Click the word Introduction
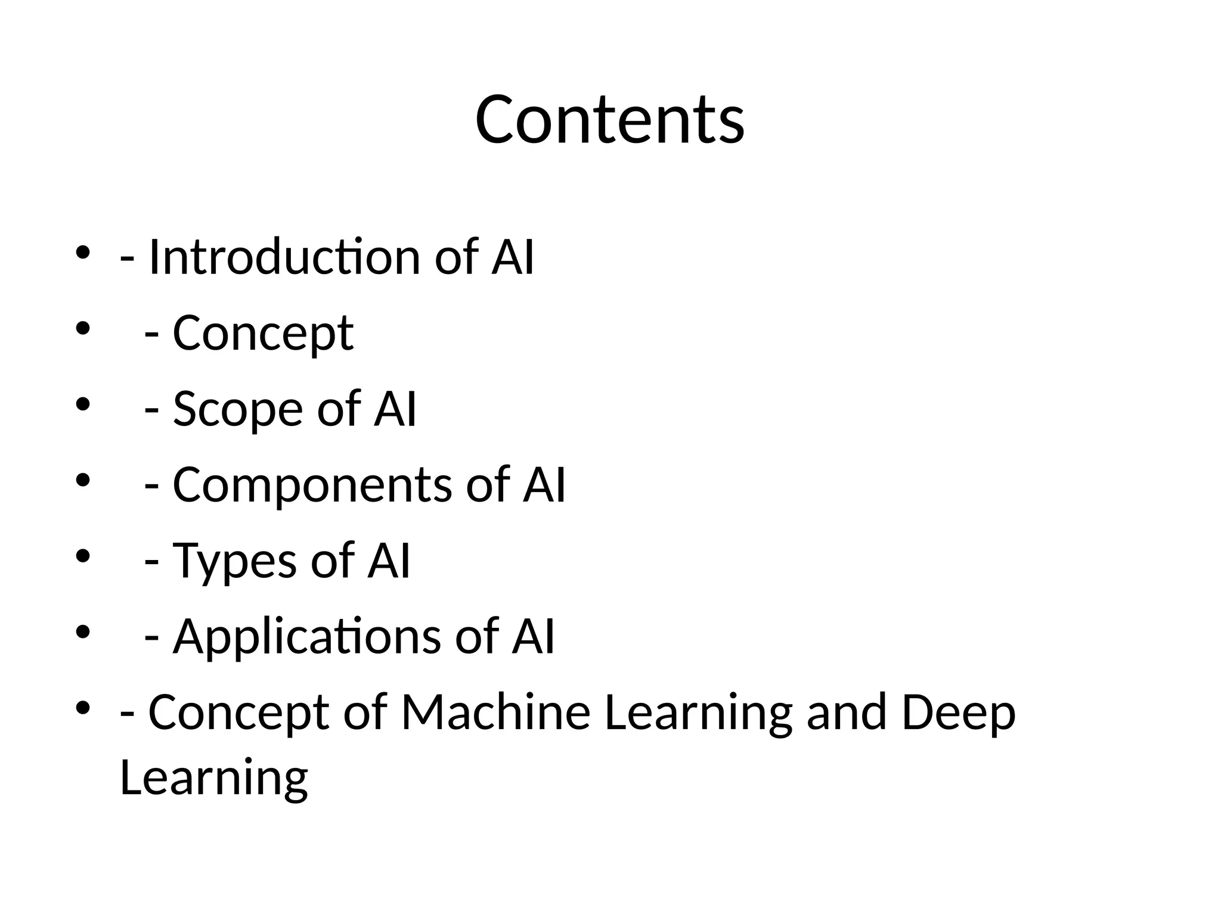[284, 257]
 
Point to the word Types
[234, 561]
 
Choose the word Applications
[306, 637]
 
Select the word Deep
[958, 713]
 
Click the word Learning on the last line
[213, 777]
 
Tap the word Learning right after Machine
[698, 713]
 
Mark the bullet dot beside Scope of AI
[82, 404]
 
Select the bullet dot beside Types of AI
[82, 556]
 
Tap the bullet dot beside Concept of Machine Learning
[82, 708]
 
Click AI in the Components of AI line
[544, 484]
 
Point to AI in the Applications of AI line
[533, 637]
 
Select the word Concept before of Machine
[238, 713]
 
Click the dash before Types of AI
[152, 563]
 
